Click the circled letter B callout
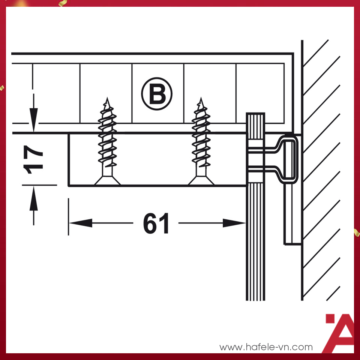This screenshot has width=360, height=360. point(157,94)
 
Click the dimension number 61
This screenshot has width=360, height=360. point(156,224)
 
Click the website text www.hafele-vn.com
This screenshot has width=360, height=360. point(266,347)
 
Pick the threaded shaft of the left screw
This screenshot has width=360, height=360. point(107,139)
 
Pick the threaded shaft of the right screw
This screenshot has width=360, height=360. point(201,139)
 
